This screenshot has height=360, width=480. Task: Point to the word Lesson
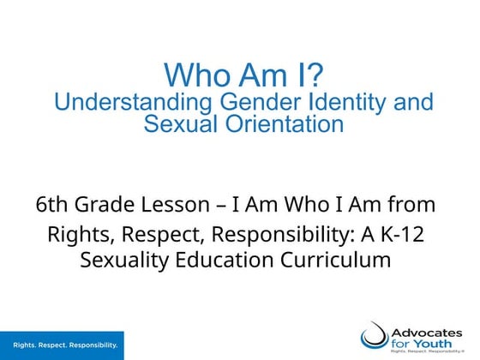[x=178, y=206]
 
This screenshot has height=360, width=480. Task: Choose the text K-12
[x=400, y=232]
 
